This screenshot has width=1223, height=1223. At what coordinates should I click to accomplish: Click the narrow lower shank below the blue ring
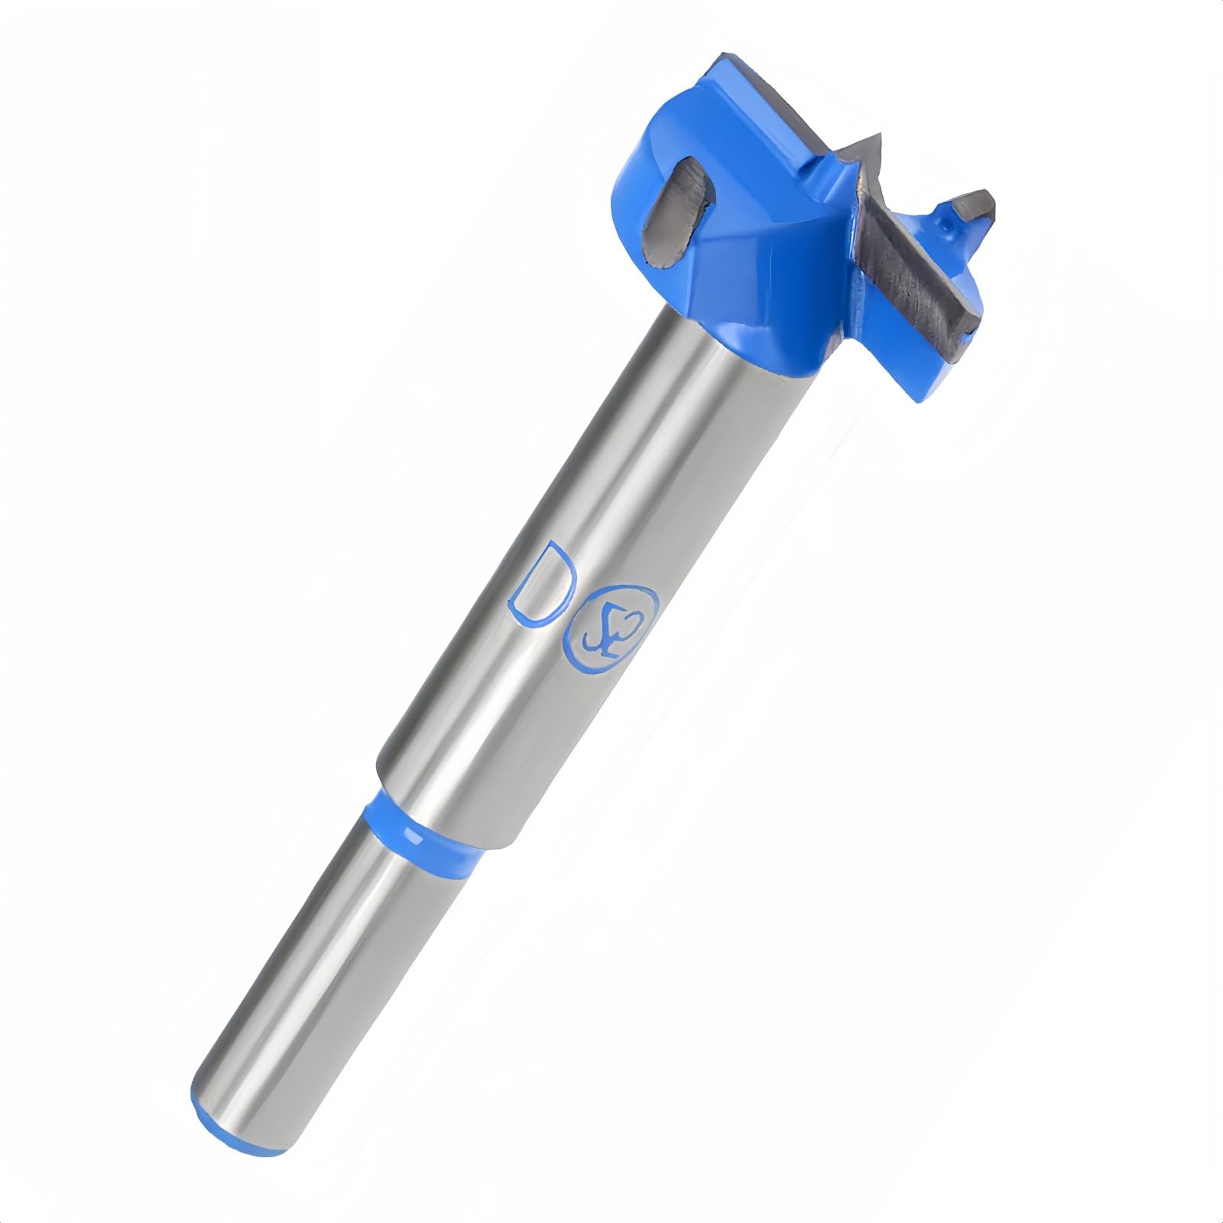[x=321, y=955]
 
